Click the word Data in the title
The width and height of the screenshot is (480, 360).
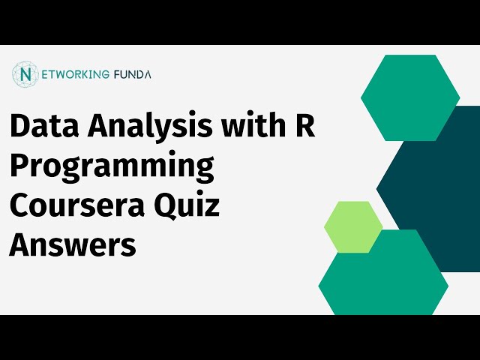44,125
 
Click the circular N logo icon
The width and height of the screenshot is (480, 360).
25,74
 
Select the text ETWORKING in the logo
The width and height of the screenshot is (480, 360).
75,74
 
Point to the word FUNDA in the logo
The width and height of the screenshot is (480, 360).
132,74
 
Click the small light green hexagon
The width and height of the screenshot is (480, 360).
353,226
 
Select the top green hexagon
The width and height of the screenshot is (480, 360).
410,97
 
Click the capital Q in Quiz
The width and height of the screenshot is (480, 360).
166,206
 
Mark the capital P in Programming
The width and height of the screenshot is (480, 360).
21,164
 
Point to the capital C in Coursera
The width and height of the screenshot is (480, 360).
20,205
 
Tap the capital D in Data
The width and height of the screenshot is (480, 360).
22,125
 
